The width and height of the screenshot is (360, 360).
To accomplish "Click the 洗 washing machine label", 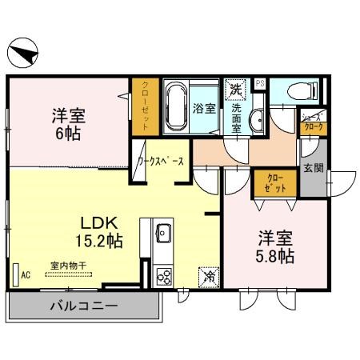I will (x=237, y=87).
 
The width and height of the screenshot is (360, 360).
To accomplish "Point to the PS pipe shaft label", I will (x=259, y=82).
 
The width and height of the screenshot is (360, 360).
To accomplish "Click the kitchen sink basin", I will (x=162, y=234).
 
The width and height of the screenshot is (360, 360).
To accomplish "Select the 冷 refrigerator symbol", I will (x=208, y=277).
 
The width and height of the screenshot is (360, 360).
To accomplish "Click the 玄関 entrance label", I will (x=314, y=169).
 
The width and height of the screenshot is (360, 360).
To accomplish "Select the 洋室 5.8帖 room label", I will (x=275, y=246).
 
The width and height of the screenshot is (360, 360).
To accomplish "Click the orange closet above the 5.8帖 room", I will (x=274, y=183).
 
